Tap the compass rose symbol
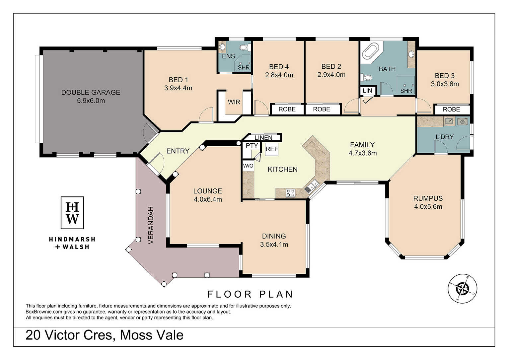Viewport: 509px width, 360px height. pos(462,288)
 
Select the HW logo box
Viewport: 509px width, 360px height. pos(72,213)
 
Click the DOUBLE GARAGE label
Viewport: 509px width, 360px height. pos(91,92)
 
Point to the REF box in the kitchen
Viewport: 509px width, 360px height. pos(272,149)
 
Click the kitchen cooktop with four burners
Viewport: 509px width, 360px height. pos(290,193)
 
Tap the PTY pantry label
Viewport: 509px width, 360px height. pos(252,145)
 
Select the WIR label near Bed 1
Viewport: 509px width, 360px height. pos(234,102)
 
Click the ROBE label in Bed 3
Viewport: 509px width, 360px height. pos(451,109)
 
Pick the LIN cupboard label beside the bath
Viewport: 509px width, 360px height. pos(367,91)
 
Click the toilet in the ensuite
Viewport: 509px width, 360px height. pos(245,47)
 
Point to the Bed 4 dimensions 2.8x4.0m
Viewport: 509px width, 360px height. pos(279,75)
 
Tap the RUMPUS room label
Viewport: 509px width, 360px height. pos(428,198)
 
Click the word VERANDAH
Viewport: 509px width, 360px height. pos(151,225)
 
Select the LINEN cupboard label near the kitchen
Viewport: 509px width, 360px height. pos(263,138)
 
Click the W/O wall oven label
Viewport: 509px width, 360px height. pos(248,166)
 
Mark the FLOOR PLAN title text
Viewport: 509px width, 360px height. pos(250,294)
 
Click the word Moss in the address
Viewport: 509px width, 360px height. pos(134,335)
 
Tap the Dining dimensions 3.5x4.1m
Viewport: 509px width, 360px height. pos(274,245)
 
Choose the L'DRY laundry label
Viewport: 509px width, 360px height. pos(445,137)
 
